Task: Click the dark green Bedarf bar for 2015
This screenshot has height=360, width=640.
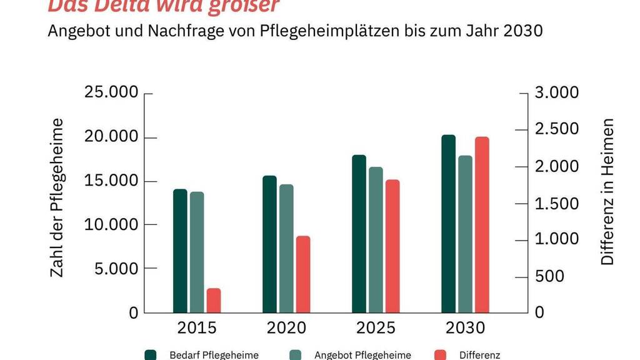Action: point(180,250)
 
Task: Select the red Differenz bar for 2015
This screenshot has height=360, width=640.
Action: point(214,301)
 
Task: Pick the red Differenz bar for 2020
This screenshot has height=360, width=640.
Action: point(303,274)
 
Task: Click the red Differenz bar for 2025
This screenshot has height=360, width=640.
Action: point(392,246)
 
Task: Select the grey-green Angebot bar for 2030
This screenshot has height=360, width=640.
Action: point(465,234)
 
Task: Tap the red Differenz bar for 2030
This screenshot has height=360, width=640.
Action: point(482,224)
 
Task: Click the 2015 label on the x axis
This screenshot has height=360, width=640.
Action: point(197,328)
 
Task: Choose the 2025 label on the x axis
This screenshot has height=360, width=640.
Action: point(376,328)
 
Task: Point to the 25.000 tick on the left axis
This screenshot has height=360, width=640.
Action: point(111,93)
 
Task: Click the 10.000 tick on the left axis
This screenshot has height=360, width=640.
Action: point(111,224)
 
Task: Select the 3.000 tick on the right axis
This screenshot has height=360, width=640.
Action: point(557,93)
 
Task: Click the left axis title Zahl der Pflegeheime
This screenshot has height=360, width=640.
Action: point(57,198)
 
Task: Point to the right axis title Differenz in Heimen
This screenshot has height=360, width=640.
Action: point(607,192)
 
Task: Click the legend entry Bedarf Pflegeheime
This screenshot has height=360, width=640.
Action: point(214,355)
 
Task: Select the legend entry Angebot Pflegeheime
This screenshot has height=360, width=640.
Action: point(362,355)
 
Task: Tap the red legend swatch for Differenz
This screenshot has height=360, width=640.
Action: point(439,355)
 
